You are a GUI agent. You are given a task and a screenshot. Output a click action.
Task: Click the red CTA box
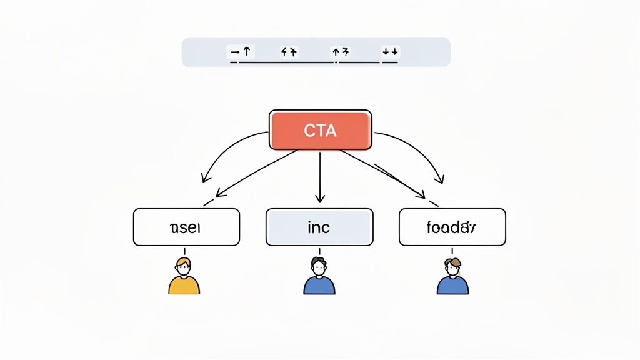[x=320, y=130]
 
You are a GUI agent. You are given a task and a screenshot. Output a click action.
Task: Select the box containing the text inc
[x=319, y=227]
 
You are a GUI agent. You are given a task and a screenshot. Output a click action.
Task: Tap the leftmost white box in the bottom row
[x=186, y=227]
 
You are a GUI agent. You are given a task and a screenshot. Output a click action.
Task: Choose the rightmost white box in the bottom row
[x=452, y=227]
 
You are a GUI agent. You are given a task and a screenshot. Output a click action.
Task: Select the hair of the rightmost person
[x=452, y=262]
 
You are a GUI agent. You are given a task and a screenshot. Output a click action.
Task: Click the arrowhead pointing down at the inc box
[x=320, y=198]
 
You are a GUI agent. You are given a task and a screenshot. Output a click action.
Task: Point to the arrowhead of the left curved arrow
[x=204, y=179]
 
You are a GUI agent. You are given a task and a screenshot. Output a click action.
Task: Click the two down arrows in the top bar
[x=390, y=52]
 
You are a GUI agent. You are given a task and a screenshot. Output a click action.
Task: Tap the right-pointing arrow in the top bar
[x=234, y=52]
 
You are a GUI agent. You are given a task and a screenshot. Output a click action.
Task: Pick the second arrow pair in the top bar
[x=289, y=52]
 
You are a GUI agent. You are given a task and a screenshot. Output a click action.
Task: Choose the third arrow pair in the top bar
[x=341, y=52]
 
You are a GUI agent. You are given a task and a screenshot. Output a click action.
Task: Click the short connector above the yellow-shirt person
[x=184, y=250]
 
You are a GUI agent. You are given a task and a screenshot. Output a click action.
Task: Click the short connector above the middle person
[x=319, y=250]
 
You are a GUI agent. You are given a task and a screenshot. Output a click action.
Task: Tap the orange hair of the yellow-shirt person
[x=183, y=261]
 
